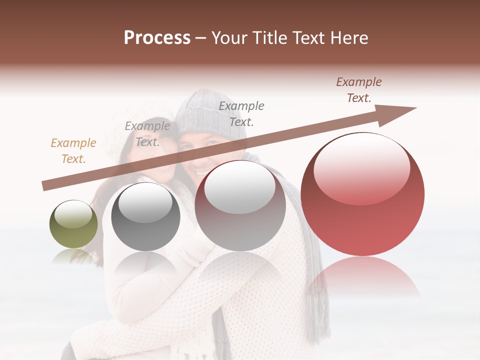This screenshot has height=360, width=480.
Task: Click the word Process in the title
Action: pos(157,38)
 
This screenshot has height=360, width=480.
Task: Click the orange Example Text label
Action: pos(73,151)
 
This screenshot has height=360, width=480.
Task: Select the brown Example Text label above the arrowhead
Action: pos(359,90)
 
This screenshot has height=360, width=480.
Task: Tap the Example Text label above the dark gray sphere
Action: pos(147,134)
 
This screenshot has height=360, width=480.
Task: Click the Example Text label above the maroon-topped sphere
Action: pos(241,113)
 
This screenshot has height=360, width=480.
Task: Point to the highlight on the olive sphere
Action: pos(73,214)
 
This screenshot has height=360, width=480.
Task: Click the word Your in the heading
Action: pos(229,38)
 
